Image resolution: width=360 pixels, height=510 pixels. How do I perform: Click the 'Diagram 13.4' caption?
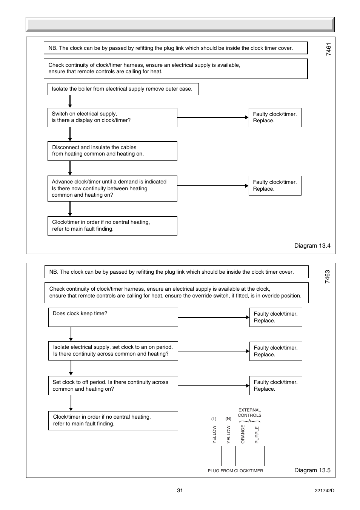pos(312,246)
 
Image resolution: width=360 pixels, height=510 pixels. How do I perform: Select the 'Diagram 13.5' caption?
pos(312,470)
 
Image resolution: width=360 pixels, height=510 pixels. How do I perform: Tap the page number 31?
pos(180,490)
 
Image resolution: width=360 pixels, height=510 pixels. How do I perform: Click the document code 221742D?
pos(324,491)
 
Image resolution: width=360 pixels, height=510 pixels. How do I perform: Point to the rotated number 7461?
pos(329,49)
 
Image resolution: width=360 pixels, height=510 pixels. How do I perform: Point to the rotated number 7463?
pos(328,277)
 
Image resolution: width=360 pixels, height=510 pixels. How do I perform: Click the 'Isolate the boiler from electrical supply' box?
pos(123,89)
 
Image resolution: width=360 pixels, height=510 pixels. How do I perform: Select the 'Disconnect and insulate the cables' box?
pos(112,151)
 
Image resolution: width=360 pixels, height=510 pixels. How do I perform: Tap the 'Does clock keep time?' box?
pos(113,317)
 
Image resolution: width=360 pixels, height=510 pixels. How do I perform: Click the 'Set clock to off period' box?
pos(113,385)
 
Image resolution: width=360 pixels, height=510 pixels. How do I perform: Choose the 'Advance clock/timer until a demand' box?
pos(112,188)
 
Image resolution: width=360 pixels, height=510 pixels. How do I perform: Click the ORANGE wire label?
pos(243,434)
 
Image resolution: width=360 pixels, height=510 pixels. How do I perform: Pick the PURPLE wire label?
pos(257,435)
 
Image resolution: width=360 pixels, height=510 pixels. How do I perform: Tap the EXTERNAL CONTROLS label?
pos(249,413)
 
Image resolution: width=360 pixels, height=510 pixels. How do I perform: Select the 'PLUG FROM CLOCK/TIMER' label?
pos(235,471)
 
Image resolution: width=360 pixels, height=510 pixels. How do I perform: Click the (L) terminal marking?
pos(214,419)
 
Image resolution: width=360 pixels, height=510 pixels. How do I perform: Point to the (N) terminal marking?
pos(228,419)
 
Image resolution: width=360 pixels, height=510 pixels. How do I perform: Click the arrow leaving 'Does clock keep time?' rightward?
pos(213,317)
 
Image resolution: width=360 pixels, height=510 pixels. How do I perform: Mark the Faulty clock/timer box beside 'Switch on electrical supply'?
pos(275,117)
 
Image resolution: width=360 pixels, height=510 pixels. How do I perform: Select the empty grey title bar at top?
pos(180,25)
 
